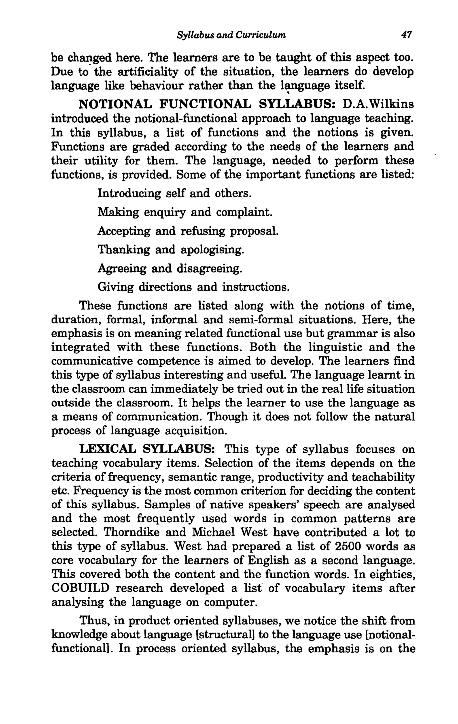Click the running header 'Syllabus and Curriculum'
[231, 35]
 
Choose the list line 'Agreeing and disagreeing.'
[170, 268]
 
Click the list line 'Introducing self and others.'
[174, 193]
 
